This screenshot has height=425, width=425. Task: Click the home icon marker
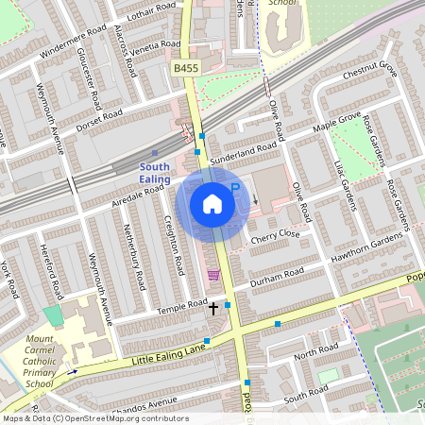coord(212,202)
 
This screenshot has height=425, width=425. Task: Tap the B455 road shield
coord(185,68)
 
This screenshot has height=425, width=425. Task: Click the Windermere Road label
coord(71,45)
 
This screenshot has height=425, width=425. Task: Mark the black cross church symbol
coord(213,307)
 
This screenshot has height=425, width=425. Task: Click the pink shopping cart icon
coord(213,275)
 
